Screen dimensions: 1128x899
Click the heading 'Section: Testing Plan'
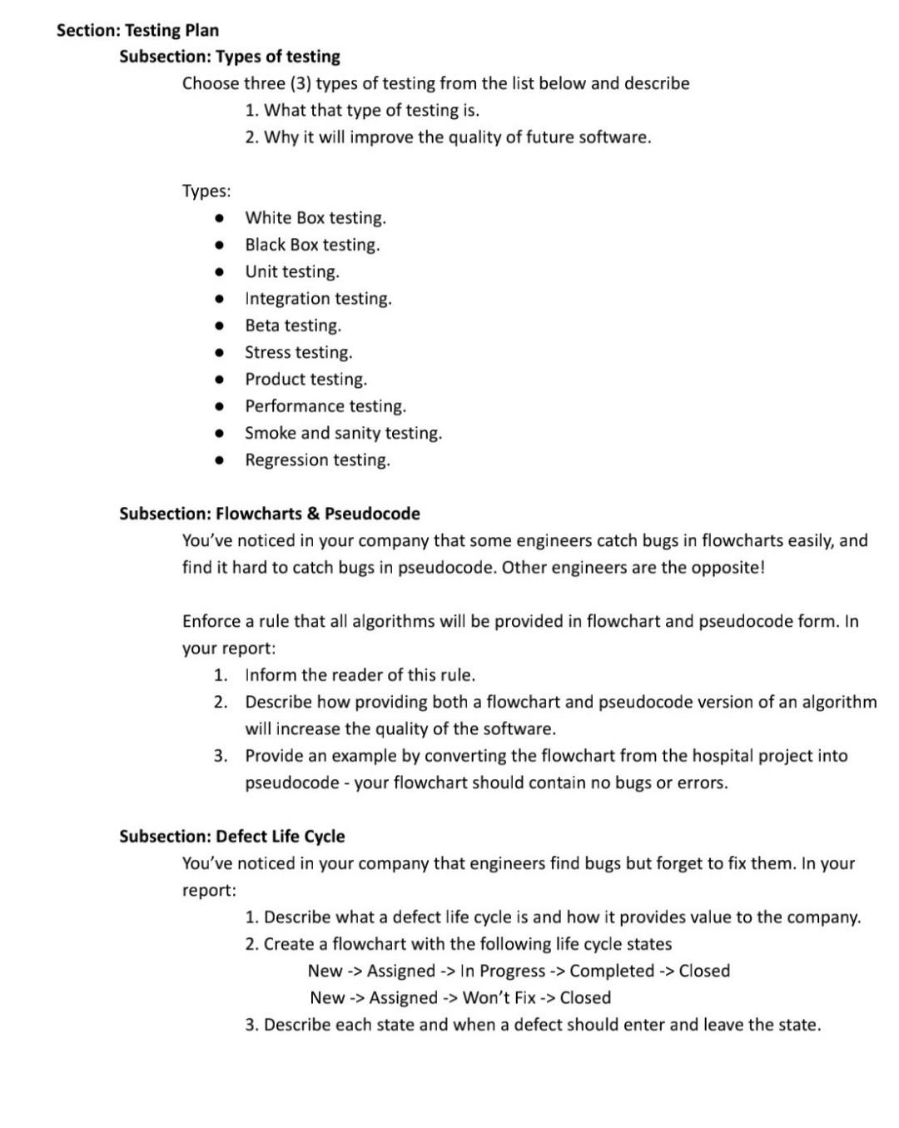137,31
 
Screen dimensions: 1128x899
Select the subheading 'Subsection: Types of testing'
230,57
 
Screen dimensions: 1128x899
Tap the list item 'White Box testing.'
315,218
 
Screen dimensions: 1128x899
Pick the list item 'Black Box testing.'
312,245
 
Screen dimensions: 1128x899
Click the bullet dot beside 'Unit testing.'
218,272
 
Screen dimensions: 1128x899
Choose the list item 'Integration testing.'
318,299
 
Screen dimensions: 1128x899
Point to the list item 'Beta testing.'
293,325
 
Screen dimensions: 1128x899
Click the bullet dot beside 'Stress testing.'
218,353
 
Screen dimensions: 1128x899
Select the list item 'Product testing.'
305,380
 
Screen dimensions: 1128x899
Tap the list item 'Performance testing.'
325,406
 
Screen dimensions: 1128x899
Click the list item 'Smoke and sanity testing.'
343,433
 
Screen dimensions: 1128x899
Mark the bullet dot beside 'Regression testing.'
218,460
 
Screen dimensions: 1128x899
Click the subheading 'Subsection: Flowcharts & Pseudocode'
270,514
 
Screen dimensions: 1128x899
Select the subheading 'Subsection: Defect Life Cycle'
231,837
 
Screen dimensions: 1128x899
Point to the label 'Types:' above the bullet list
206,191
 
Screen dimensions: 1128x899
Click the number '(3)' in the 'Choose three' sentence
300,84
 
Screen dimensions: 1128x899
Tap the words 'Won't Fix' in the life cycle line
499,998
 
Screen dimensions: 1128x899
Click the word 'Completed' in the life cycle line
612,971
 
